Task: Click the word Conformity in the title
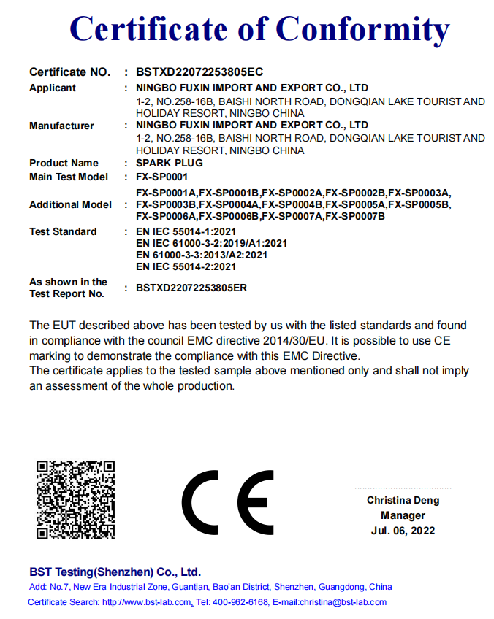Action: click(362, 30)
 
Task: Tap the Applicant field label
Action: click(53, 88)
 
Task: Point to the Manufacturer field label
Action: click(61, 126)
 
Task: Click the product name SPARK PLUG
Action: click(170, 163)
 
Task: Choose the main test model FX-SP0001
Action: click(162, 177)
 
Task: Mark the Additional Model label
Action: click(70, 204)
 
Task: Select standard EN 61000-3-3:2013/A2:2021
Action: click(202, 255)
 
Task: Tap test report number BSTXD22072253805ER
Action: click(191, 288)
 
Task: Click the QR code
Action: click(76, 499)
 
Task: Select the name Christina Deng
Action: click(403, 501)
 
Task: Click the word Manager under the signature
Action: click(403, 515)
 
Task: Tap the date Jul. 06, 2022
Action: click(403, 531)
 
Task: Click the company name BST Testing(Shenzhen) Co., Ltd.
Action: click(115, 572)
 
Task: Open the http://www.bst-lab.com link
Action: click(147, 602)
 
